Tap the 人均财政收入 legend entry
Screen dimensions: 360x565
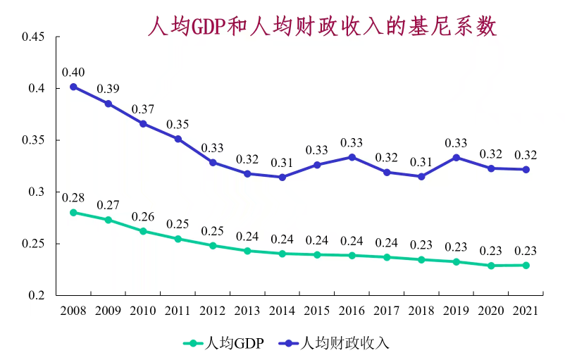344,344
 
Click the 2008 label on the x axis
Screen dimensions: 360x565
73,311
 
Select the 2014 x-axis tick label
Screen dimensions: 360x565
282,311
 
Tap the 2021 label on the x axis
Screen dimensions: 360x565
526,311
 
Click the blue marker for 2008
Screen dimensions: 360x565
73,87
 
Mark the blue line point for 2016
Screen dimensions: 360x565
352,157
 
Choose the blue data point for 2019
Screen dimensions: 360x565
456,157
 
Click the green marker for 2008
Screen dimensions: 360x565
73,212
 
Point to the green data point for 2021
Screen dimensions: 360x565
526,265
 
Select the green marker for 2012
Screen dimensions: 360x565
213,245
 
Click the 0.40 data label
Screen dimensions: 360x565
73,72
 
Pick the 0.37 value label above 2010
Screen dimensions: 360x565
143,109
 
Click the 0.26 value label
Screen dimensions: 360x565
143,216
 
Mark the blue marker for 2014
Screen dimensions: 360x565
282,178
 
